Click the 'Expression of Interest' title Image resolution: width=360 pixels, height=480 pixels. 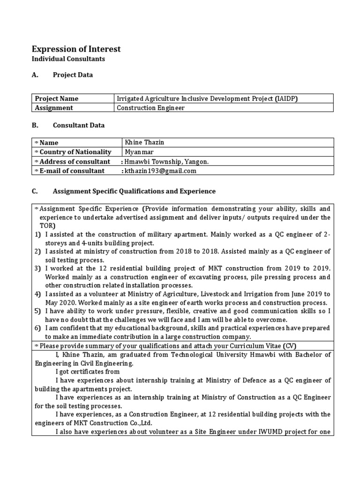coord(76,49)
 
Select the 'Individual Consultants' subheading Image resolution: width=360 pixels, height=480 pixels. coord(68,59)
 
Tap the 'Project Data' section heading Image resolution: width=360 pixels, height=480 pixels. coord(73,75)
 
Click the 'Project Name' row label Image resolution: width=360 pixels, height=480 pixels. coord(56,98)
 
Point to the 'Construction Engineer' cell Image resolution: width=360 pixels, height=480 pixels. coord(150,108)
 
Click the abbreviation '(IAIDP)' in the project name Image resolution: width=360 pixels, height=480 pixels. coord(286,98)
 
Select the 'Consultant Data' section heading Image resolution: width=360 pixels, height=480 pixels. coord(79,126)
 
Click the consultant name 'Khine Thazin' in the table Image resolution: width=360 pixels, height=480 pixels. coord(144,142)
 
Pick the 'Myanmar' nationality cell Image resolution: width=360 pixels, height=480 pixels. coord(139,152)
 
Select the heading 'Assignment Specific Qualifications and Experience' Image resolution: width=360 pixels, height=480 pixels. coord(134,191)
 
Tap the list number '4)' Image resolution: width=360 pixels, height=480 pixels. coord(37,294)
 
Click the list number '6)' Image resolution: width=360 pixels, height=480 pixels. coord(37,328)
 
